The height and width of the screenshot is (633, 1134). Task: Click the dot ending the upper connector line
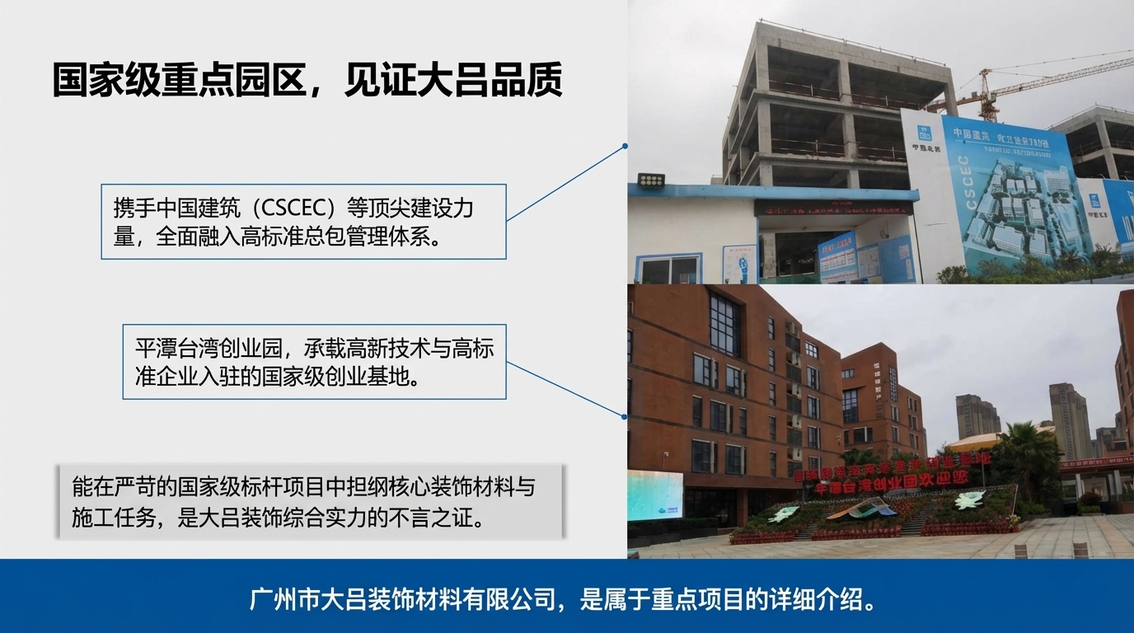(626, 146)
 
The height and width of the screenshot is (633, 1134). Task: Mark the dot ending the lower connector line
(626, 416)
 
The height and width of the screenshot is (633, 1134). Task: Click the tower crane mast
(985, 95)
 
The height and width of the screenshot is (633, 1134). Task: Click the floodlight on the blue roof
(651, 180)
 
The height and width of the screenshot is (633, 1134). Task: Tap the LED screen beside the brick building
(655, 495)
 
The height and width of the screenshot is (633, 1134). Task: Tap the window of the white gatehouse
(670, 268)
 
